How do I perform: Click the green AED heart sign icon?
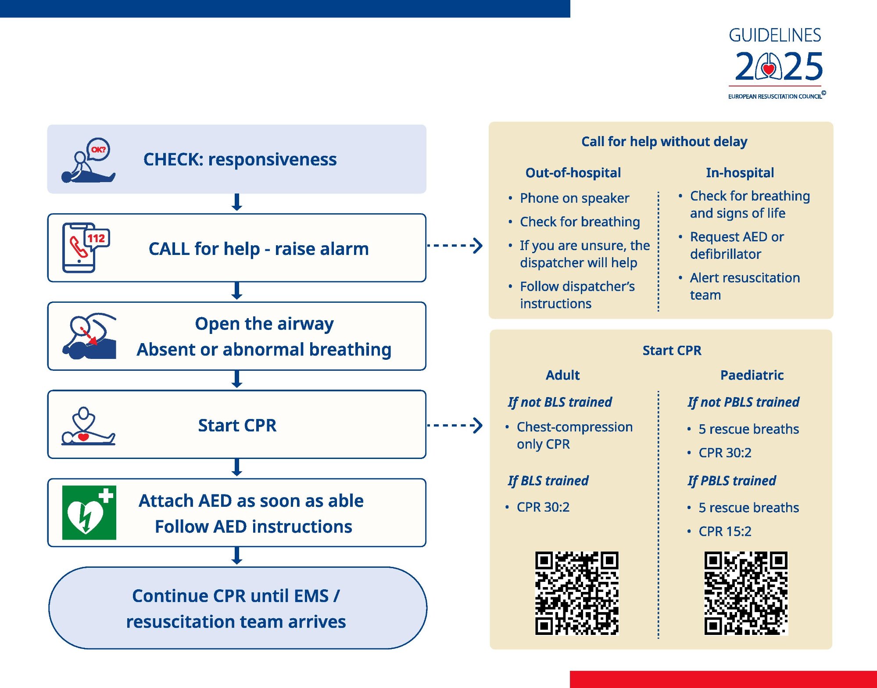pos(89,512)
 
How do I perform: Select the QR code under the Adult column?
pos(576,593)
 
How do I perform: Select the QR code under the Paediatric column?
pos(746,593)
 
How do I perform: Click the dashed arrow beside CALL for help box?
pos(455,245)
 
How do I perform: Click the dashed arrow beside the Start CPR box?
pos(455,425)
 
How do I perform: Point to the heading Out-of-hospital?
pos(573,172)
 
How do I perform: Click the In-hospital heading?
pos(740,172)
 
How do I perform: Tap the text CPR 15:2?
pos(725,531)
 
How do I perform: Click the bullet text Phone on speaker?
pos(574,198)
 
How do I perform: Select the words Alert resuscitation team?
pos(745,286)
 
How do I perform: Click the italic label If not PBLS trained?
pos(743,402)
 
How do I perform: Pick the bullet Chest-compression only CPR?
pos(574,435)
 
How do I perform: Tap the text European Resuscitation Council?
pos(775,97)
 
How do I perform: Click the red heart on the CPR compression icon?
pos(83,437)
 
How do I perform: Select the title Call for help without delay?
pos(664,141)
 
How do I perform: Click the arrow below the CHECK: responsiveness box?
pos(237,202)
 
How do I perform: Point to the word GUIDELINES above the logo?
pos(775,36)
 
